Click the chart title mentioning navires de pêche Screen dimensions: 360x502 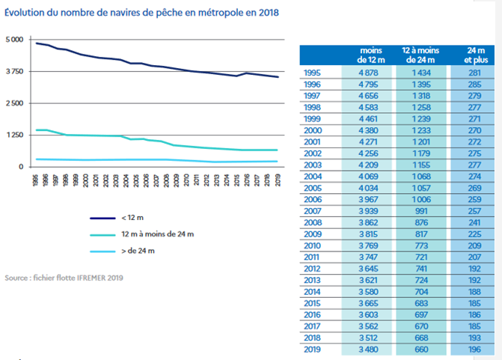tap(128, 13)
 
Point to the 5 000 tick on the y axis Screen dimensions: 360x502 tap(15, 39)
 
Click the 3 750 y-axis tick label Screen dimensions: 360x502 tap(15, 71)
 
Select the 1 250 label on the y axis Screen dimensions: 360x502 tap(15, 135)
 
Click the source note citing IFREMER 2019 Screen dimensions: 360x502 tap(64, 278)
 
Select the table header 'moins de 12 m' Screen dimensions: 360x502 tap(370, 55)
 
